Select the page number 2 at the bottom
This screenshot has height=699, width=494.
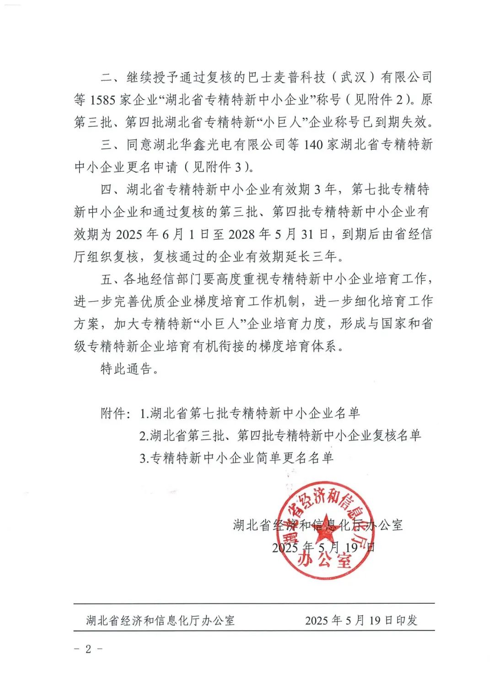(88, 649)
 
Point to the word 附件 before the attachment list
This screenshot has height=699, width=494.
(113, 413)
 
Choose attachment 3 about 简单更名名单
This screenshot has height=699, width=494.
(236, 457)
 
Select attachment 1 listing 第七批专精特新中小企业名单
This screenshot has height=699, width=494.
(250, 413)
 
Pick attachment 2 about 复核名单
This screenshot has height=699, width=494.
(280, 436)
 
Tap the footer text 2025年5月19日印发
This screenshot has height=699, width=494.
(361, 620)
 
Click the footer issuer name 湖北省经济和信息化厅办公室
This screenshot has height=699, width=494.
(161, 620)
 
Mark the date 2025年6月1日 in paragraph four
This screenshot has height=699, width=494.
(157, 234)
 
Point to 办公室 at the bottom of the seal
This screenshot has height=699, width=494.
(325, 559)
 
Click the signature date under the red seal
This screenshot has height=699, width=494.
(323, 547)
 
